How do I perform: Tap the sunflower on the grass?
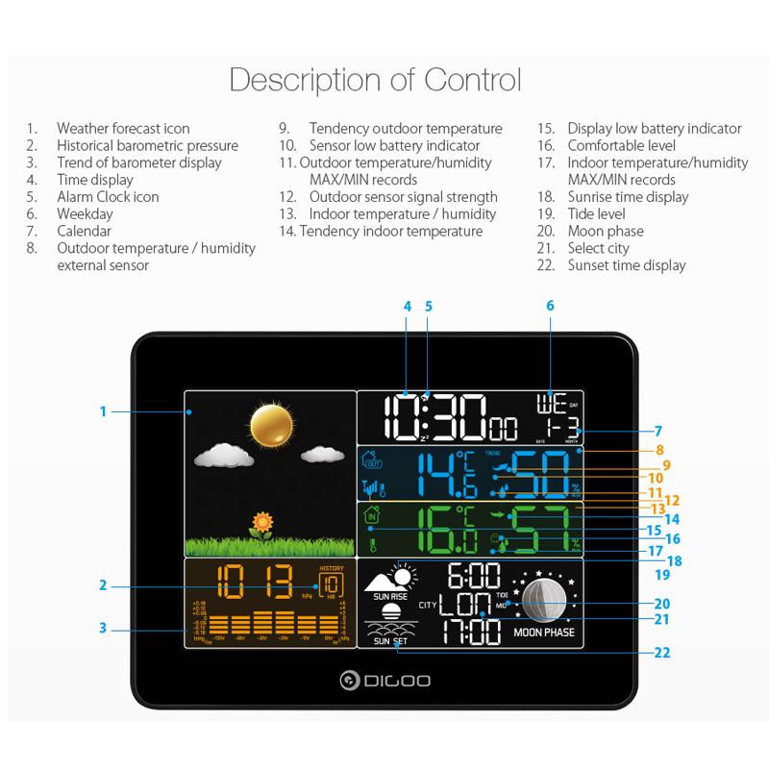point(260,524)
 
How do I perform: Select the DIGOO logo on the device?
point(385,681)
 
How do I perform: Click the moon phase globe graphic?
point(544,600)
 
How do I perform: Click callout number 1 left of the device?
point(103,412)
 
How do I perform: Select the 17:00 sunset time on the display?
point(473,632)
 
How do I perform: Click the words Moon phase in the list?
point(606,231)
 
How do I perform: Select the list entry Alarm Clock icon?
point(108,197)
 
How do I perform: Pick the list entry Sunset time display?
point(627,265)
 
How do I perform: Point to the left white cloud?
point(220,455)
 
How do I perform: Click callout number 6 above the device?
point(551,306)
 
